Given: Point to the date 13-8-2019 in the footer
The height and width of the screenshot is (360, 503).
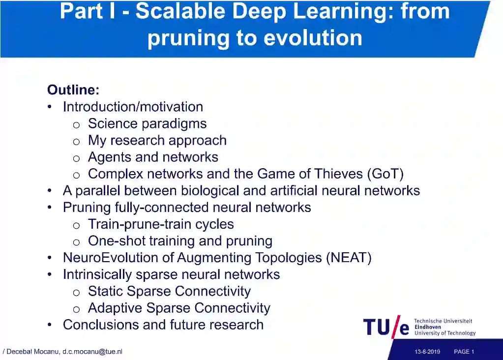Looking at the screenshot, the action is (427, 352).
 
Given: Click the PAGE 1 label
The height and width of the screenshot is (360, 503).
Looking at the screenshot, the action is (464, 352).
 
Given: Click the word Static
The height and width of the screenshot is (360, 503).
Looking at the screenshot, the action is (105, 291).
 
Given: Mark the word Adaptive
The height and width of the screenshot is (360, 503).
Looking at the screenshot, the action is (115, 308).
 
